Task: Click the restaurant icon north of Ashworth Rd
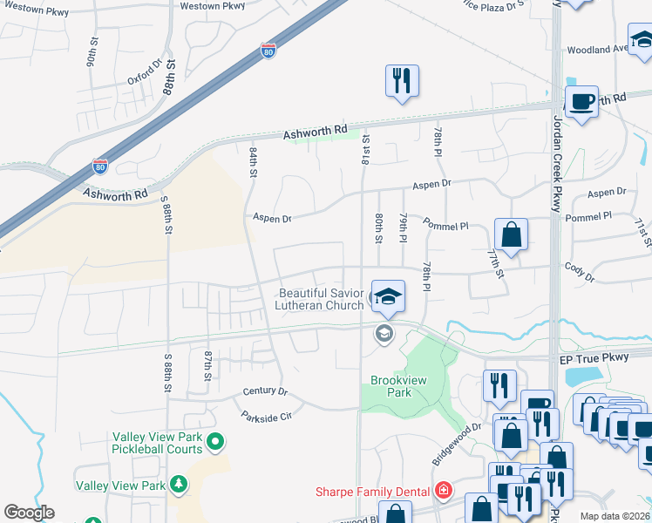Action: tap(401, 81)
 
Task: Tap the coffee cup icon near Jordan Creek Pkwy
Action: tap(581, 101)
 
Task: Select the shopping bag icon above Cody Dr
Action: tap(511, 234)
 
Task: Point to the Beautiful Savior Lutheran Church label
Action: tap(320, 299)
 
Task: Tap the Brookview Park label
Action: tap(397, 386)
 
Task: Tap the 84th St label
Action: tap(252, 162)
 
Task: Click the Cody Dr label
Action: tap(579, 273)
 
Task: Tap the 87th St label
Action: tap(207, 365)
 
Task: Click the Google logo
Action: tap(29, 513)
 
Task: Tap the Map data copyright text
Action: tap(614, 516)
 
